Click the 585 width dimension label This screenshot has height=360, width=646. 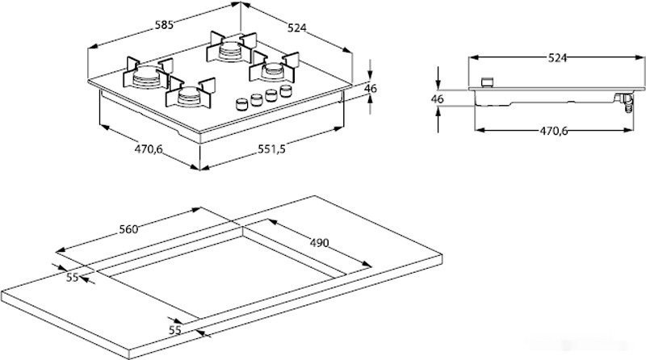coord(165,26)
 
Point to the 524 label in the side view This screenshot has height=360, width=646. coord(557,57)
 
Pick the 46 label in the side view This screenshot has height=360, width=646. coord(438,98)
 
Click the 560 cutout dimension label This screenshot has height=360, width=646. coord(128,228)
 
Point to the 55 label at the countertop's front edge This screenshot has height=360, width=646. coord(175,329)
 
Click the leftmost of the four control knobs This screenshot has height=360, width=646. coord(240,104)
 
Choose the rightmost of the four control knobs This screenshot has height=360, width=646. coord(283,91)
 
